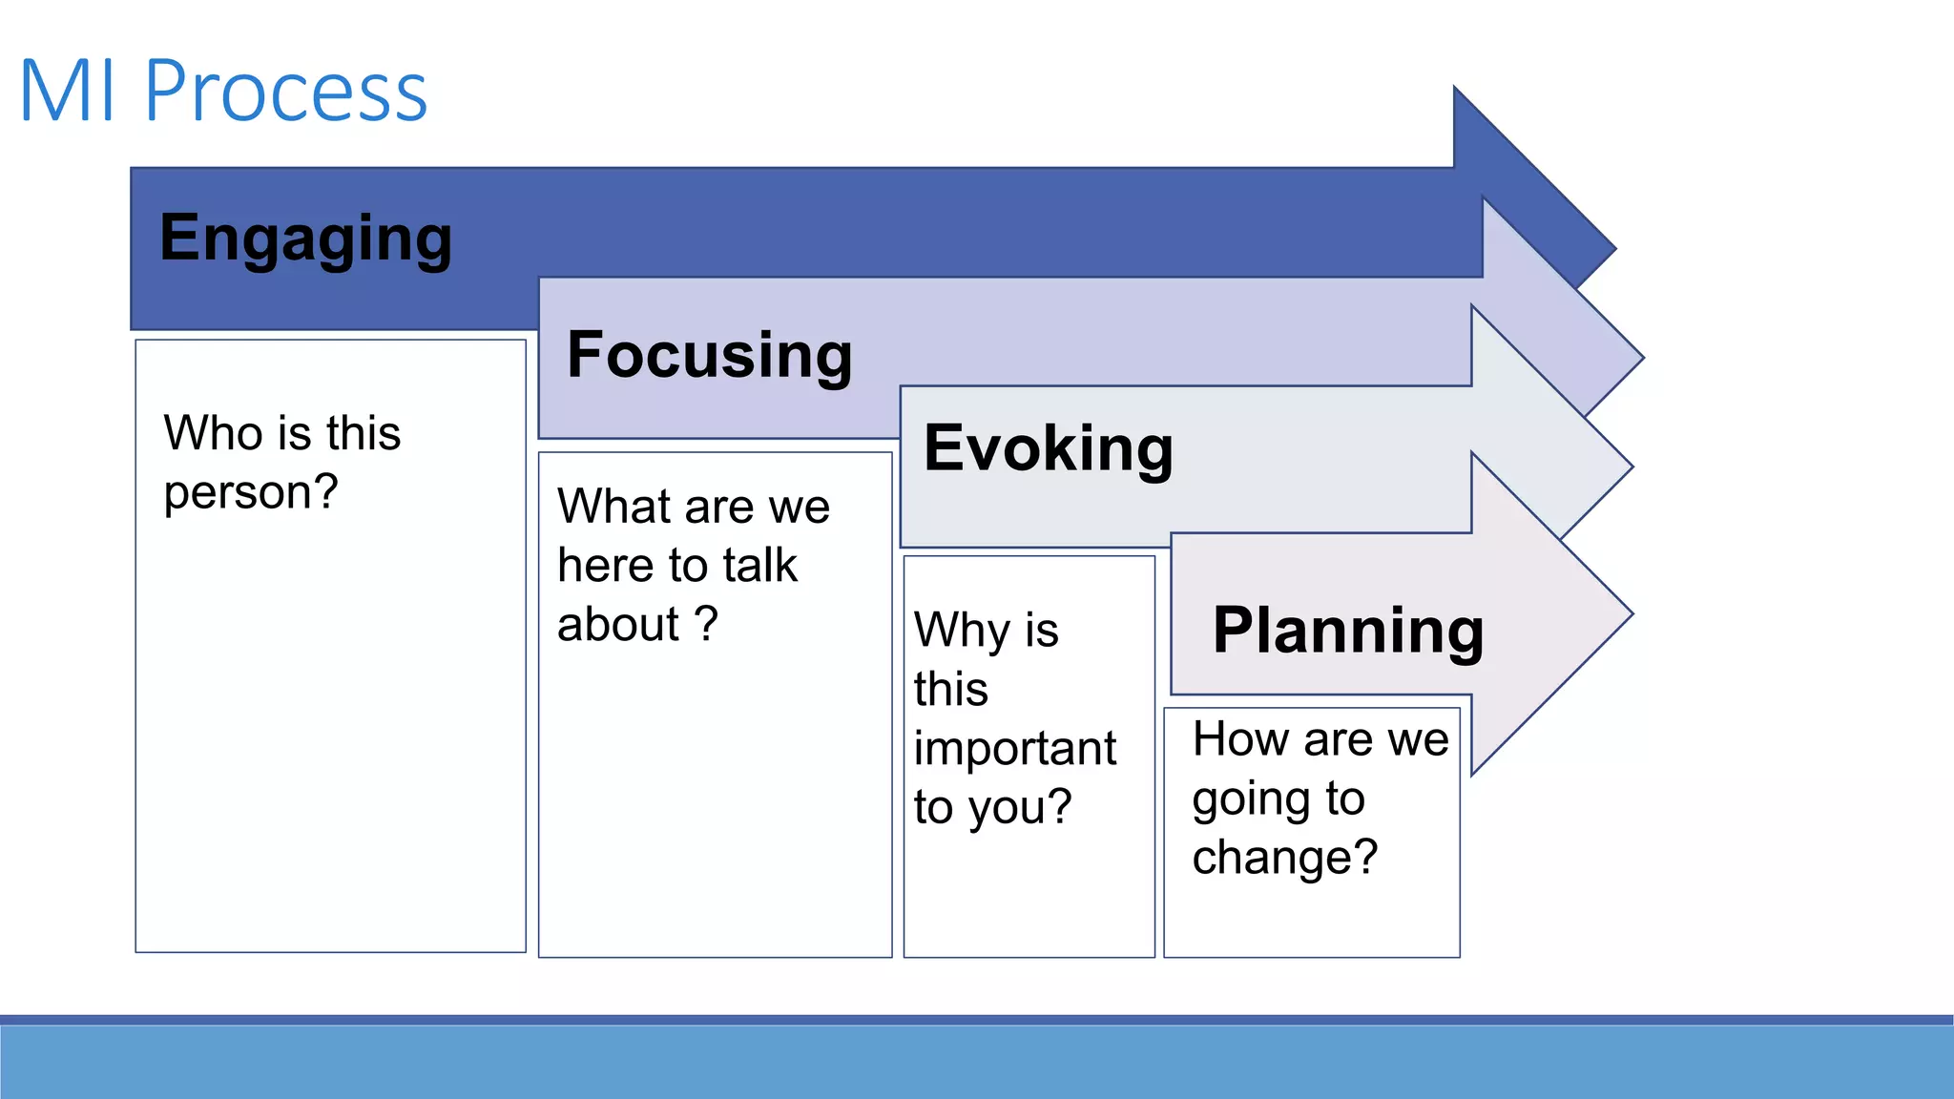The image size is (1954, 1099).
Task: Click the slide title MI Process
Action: [x=223, y=92]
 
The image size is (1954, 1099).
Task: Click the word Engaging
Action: [x=305, y=238]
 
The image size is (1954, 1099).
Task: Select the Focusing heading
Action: [x=709, y=355]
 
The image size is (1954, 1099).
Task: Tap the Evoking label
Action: [x=1048, y=448]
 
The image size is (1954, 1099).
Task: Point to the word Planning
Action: [x=1347, y=632]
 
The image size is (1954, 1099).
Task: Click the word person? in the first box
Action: [x=251, y=493]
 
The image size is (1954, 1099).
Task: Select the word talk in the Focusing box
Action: [x=759, y=566]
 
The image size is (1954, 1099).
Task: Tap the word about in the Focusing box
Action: [x=617, y=625]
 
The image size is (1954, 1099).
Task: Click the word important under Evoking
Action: [x=1014, y=749]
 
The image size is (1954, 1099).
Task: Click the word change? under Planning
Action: [x=1284, y=858]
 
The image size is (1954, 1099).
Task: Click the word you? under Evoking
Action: [x=1020, y=808]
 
